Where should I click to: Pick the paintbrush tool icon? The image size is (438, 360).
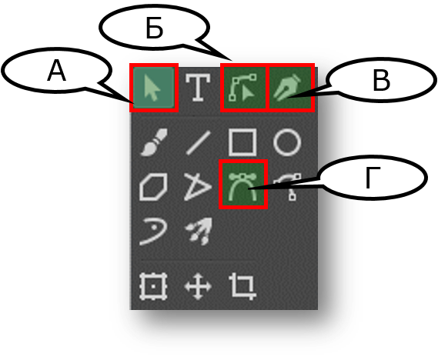(x=154, y=142)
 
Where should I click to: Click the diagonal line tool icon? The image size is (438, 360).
(x=198, y=142)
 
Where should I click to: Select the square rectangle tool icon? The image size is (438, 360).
(x=242, y=142)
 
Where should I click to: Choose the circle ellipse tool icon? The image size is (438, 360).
(x=287, y=142)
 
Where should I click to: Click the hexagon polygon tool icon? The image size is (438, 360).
(x=153, y=186)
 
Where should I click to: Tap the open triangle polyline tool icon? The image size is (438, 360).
(x=198, y=186)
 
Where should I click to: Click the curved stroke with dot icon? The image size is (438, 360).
(x=153, y=232)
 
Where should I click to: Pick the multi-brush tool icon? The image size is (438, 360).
(x=199, y=232)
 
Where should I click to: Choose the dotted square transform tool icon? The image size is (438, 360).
(x=153, y=287)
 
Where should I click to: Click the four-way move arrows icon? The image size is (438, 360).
(x=198, y=287)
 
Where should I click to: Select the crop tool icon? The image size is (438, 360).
(x=242, y=287)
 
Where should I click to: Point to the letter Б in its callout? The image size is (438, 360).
(x=154, y=28)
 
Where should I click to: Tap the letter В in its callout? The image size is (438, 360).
(x=381, y=80)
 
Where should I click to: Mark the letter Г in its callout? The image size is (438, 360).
(x=373, y=178)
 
